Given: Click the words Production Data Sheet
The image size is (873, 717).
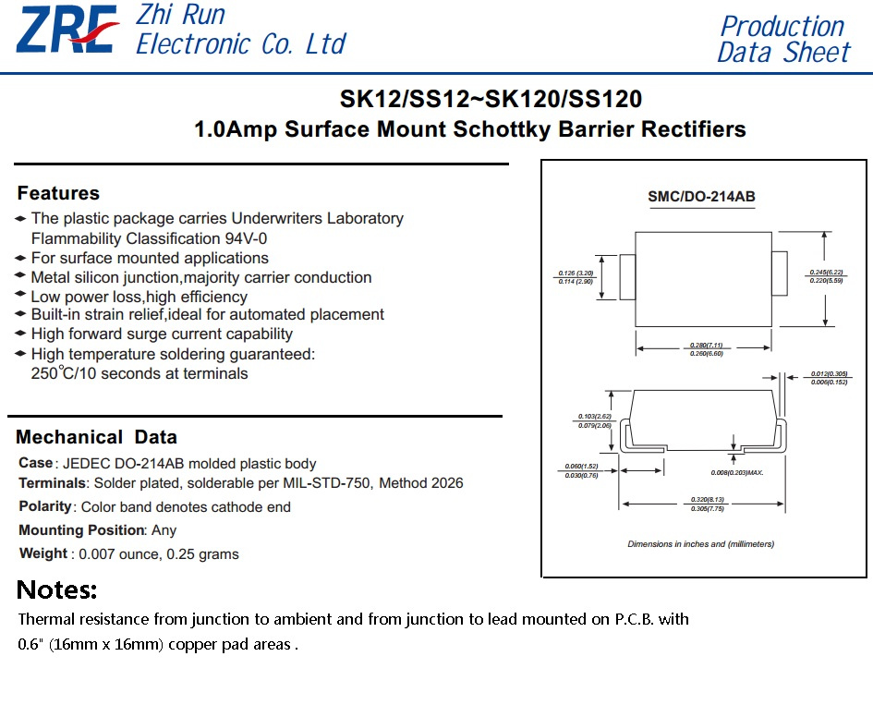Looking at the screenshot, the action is (x=783, y=39).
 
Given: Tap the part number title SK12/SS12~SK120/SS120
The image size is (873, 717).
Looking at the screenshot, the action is (x=491, y=99).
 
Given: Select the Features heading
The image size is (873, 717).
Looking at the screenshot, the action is (x=58, y=193).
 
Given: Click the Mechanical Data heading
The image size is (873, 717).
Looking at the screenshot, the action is (x=96, y=437).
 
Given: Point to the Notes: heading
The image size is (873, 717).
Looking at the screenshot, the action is (x=56, y=590).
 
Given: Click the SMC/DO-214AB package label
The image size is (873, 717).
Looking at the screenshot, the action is (x=701, y=197).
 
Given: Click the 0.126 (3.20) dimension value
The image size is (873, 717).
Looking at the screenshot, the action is (x=576, y=273).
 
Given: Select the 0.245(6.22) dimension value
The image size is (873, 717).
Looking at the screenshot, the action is (x=827, y=273).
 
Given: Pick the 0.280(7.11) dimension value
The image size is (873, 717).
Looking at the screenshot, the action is (x=707, y=346).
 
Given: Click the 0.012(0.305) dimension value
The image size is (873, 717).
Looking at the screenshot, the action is (x=829, y=374).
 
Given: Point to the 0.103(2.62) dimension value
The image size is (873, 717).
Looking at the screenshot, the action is (x=595, y=417).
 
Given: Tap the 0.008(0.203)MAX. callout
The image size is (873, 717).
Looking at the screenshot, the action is (x=737, y=473).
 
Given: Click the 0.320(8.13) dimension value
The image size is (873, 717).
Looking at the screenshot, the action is (x=708, y=499).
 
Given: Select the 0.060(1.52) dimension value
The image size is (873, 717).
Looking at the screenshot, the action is (x=581, y=467).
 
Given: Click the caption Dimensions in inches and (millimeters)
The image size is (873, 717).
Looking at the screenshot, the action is (x=701, y=544).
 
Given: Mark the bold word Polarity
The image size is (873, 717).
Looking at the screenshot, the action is (x=45, y=506).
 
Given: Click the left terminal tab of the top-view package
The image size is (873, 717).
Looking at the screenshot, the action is (x=627, y=277).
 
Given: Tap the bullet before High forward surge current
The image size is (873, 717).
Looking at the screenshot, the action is (x=20, y=334).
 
